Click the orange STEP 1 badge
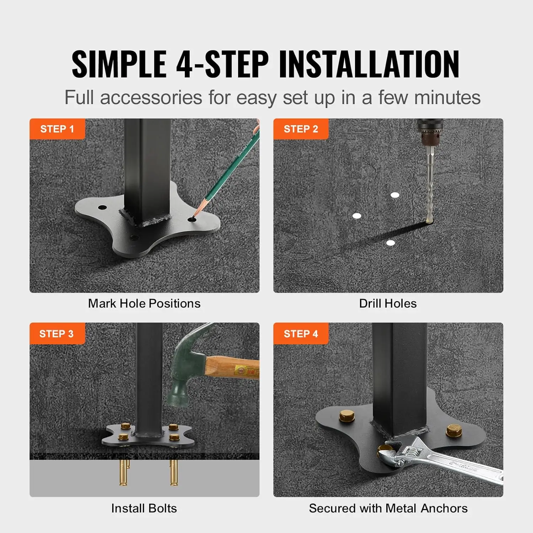[x=57, y=129]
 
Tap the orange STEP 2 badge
[x=301, y=129]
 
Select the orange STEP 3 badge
[x=57, y=334]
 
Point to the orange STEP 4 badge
[x=301, y=334]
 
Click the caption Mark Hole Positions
[x=144, y=303]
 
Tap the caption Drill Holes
[x=388, y=303]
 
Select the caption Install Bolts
[x=144, y=508]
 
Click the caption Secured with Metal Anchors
[x=388, y=508]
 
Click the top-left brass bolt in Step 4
[x=347, y=415]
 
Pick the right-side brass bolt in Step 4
[x=454, y=430]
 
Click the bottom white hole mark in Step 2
[x=391, y=243]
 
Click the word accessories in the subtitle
[x=151, y=98]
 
